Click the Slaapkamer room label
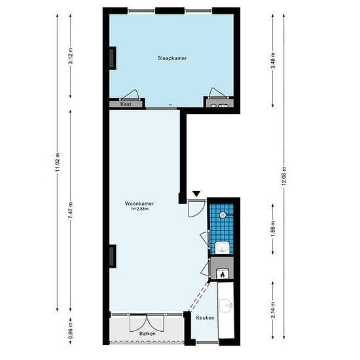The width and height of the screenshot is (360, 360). tap(172, 58)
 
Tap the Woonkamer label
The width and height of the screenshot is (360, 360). tap(139, 204)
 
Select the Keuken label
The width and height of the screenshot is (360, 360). tap(205, 317)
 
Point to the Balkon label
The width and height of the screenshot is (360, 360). tap(147, 334)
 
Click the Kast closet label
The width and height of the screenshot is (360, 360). tap(126, 104)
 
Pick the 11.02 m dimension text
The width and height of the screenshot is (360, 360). tap(58, 162)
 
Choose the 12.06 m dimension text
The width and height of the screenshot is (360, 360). tap(284, 176)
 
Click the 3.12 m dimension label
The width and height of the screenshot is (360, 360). tap(71, 56)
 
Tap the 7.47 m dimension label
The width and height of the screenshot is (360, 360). tap(71, 210)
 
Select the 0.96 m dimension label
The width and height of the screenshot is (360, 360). tap(71, 331)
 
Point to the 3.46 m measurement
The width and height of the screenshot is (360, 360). tap(273, 61)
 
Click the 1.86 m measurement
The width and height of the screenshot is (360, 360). tap(273, 229)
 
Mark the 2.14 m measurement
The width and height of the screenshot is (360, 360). tap(273, 310)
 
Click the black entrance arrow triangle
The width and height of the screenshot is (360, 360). tap(196, 194)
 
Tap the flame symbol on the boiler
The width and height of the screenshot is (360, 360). tap(223, 274)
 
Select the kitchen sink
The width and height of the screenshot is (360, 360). tap(226, 306)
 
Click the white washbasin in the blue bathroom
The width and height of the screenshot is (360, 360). tap(223, 247)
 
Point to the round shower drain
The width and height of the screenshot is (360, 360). tap(223, 215)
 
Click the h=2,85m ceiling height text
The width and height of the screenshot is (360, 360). tap(139, 209)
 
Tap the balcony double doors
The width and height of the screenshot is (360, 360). tap(147, 323)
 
